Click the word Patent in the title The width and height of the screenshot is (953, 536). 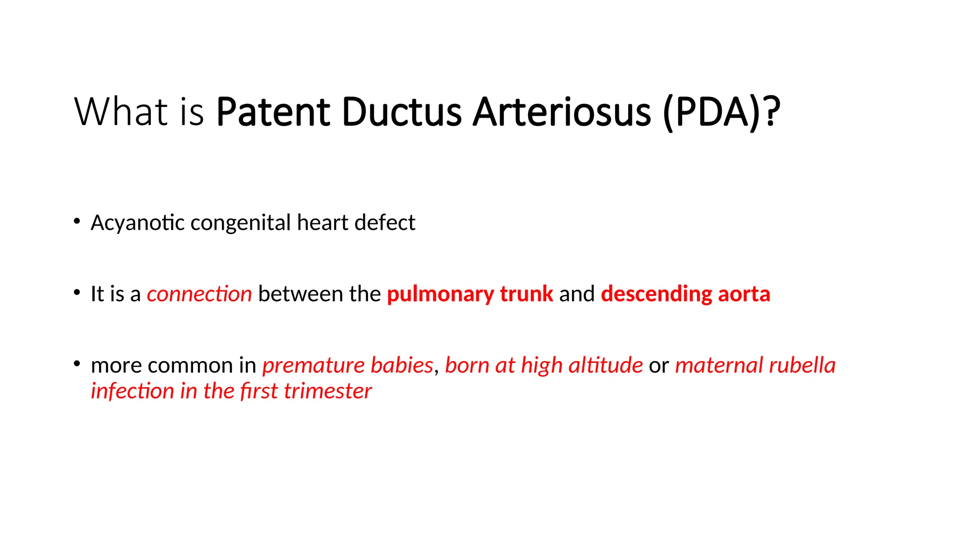coord(273,112)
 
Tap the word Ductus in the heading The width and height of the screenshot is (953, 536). coord(402,112)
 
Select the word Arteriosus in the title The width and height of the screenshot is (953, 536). coord(561,112)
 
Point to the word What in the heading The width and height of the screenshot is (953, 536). coord(121,112)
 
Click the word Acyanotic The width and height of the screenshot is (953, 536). coord(138,223)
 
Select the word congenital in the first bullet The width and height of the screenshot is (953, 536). coord(241,223)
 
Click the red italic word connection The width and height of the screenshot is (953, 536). coord(199,294)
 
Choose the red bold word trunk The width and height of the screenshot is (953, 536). coord(526,294)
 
